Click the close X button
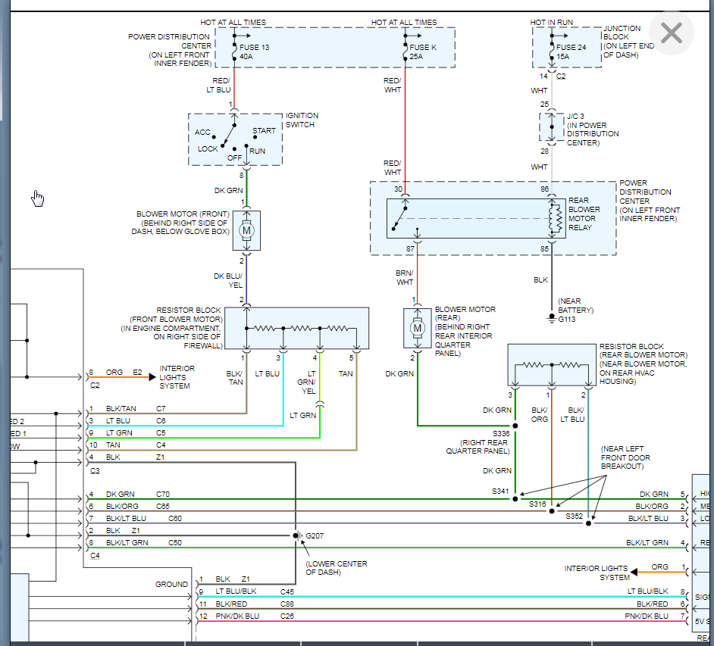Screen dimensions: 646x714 (x=672, y=33)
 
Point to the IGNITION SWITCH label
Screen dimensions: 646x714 (x=302, y=120)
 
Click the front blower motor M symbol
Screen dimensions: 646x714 (x=246, y=229)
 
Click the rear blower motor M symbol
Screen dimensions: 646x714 (x=417, y=328)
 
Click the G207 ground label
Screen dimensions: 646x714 (x=315, y=536)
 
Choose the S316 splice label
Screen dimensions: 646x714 (x=537, y=504)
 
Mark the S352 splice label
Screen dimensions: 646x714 (x=575, y=516)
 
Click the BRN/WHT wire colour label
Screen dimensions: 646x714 (x=405, y=277)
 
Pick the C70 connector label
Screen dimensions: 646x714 (x=164, y=495)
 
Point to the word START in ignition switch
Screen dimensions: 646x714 (x=264, y=130)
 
